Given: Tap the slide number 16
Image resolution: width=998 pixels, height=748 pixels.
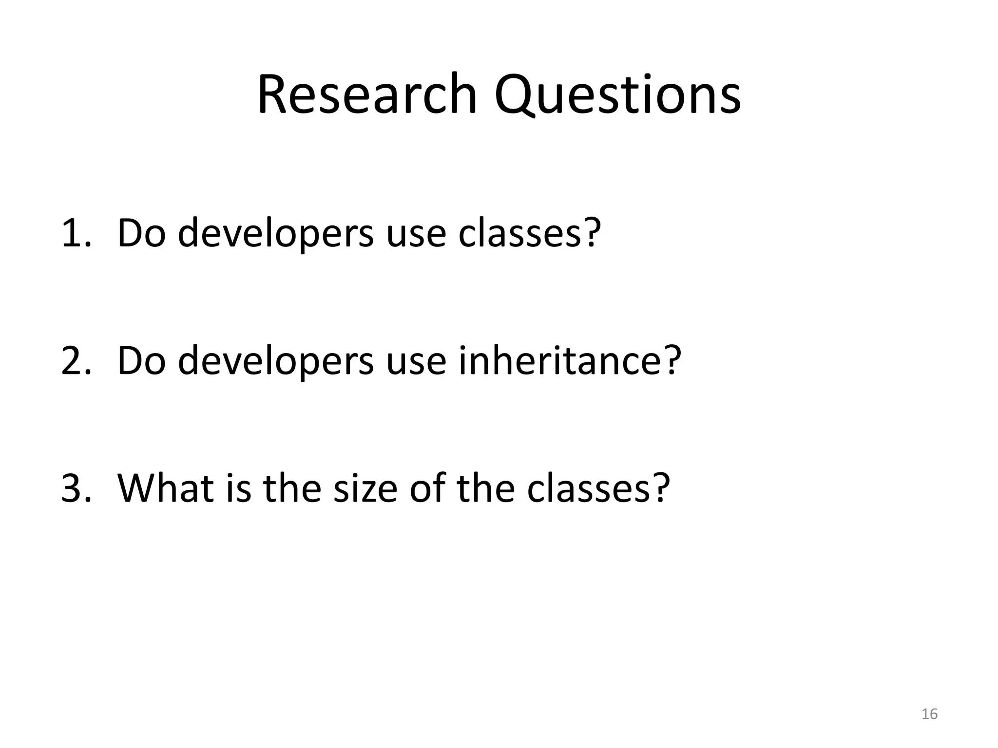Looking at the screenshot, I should coord(930,714).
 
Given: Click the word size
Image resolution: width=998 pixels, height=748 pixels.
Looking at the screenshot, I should coord(365,488).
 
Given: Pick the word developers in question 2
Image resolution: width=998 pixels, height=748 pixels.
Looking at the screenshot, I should coord(276,361).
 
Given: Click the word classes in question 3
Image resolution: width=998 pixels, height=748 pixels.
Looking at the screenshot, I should coord(589,488).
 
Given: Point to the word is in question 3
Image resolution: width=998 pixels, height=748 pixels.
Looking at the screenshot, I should coord(239,488).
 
